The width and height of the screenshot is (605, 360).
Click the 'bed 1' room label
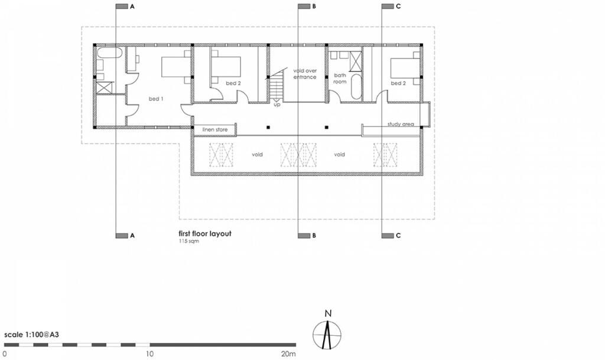pos(156,99)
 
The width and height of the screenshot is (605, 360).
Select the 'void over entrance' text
pos(305,74)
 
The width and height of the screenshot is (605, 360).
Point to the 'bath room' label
pos(340,79)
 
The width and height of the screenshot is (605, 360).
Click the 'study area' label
pos(400,124)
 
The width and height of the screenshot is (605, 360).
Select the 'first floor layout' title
pos(204,233)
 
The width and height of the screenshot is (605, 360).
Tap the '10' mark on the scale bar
pos(150,353)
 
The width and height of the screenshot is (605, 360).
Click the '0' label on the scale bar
pos(5,353)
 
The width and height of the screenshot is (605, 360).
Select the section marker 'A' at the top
pos(132,7)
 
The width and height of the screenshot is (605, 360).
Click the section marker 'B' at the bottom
pos(314,236)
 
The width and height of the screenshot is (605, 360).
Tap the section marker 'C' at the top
pos(398,7)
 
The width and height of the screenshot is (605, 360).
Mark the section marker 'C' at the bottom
pos(398,236)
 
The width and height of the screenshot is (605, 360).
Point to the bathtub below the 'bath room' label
pos(355,87)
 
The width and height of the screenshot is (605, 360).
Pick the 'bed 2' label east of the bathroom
pos(399,83)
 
